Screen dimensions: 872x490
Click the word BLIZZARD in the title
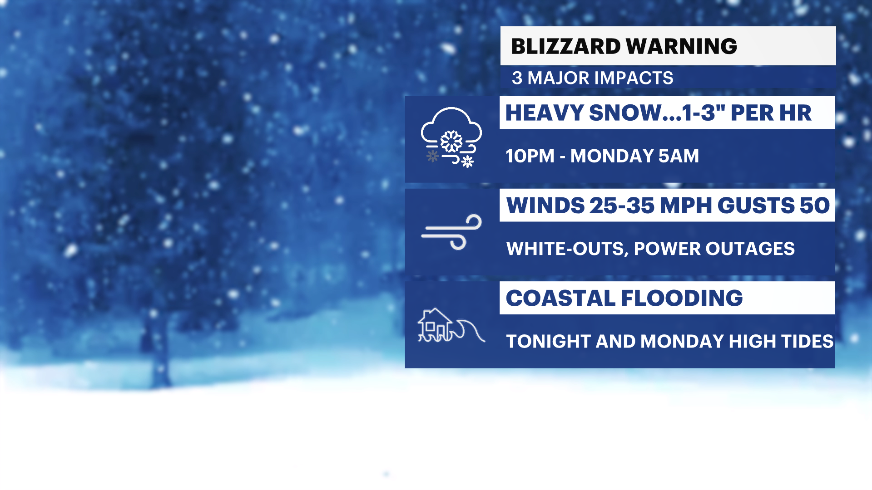[x=566, y=46]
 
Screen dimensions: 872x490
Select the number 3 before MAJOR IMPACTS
[x=517, y=78]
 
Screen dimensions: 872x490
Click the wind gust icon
[x=451, y=232]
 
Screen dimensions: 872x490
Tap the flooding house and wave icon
[x=451, y=325]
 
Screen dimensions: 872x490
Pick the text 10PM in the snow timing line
[x=530, y=156]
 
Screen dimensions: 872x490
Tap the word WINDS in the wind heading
[x=545, y=206]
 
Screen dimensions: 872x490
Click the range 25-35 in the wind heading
[x=622, y=206]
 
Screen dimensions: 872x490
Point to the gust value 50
[x=815, y=206]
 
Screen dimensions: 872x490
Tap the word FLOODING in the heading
[x=682, y=299]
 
